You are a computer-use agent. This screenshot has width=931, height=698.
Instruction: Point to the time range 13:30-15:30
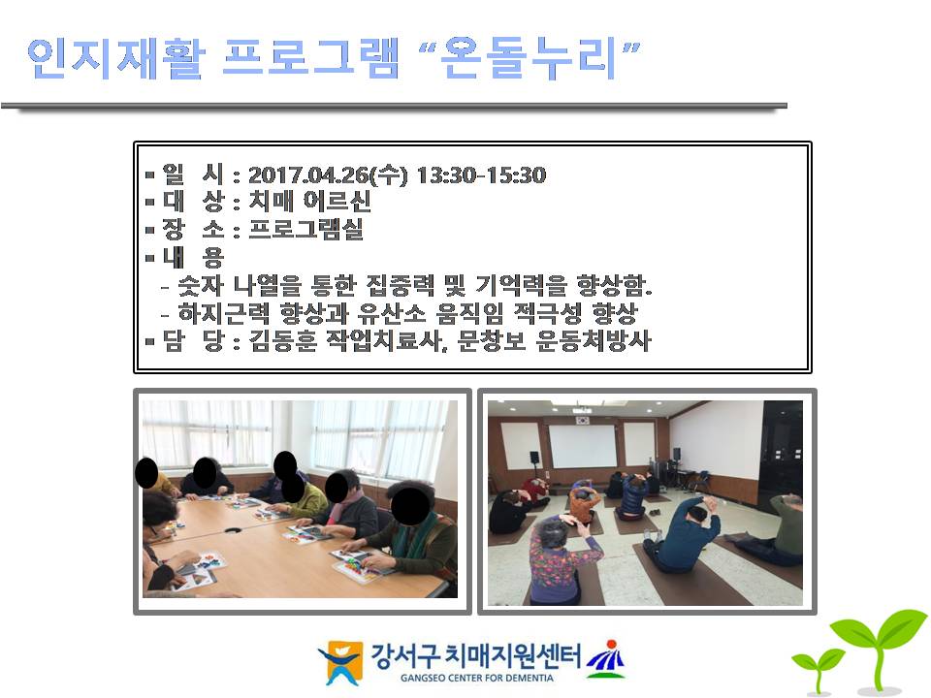tap(482, 175)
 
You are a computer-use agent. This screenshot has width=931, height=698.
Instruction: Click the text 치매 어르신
tap(309, 202)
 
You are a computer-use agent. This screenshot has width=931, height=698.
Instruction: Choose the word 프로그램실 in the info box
tap(305, 229)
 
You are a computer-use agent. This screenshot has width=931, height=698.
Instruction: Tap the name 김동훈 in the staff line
tap(283, 340)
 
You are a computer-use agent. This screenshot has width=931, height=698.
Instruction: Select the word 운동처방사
tap(594, 340)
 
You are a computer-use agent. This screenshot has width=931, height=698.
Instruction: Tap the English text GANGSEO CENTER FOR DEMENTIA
tap(477, 678)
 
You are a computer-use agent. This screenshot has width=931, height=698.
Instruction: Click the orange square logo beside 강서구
tap(342, 662)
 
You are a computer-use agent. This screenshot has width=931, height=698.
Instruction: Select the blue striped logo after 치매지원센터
tap(607, 659)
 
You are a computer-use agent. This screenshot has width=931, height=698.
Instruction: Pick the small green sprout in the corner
tap(817, 670)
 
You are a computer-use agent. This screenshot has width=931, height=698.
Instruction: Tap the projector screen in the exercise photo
tap(583, 446)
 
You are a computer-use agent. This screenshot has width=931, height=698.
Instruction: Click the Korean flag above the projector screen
tap(583, 420)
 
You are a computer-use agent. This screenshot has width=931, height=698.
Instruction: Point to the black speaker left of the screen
tap(533, 458)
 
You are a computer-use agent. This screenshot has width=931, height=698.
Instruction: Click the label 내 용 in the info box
tap(193, 257)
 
